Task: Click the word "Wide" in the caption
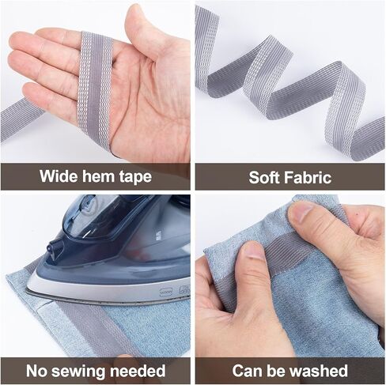click(x=56, y=176)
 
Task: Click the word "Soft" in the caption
click(x=266, y=176)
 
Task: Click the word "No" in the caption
click(x=37, y=370)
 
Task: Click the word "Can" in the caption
click(x=247, y=370)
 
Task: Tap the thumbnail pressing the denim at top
click(x=302, y=212)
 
